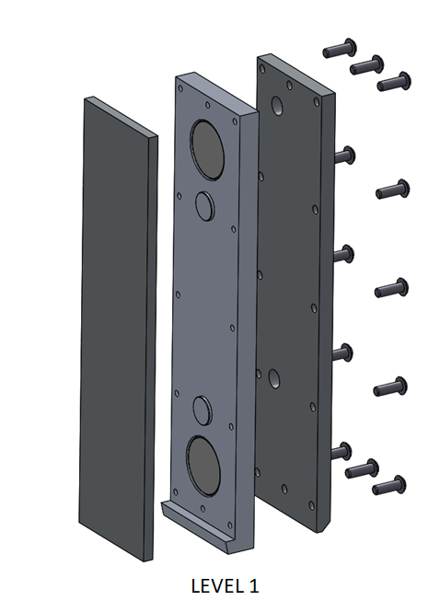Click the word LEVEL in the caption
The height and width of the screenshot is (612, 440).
[x=216, y=586]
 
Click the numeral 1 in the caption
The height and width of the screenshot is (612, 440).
[x=253, y=586]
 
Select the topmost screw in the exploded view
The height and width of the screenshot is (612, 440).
[x=340, y=49]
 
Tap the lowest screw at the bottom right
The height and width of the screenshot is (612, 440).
[x=389, y=486]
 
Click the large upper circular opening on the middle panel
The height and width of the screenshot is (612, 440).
[x=208, y=150]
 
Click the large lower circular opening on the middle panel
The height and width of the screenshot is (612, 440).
[x=203, y=466]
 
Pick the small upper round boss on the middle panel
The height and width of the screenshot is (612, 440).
[x=204, y=206]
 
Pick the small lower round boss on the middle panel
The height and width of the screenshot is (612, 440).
[x=203, y=410]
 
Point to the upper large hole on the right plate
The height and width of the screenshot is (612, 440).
[x=277, y=106]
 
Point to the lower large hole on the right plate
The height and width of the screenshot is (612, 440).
[x=273, y=378]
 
